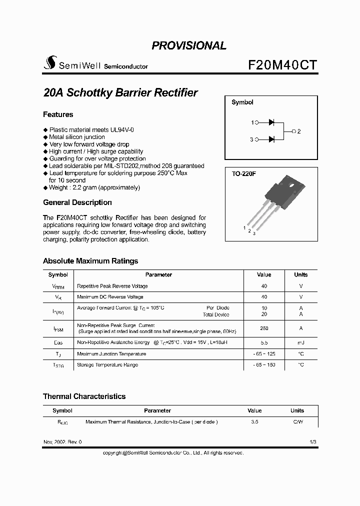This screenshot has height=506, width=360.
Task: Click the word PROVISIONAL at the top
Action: pyautogui.click(x=189, y=45)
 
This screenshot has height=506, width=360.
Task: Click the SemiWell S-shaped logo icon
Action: pyautogui.click(x=49, y=63)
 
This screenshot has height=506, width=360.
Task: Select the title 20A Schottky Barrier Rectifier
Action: pyautogui.click(x=120, y=93)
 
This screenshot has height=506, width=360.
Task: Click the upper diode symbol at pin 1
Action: pyautogui.click(x=272, y=122)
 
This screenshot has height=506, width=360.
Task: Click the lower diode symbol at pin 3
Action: pyautogui.click(x=272, y=139)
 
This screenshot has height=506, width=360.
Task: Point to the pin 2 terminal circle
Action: pyautogui.click(x=293, y=131)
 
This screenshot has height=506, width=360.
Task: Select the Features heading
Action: pyautogui.click(x=58, y=114)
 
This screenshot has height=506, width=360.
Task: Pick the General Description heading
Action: pyautogui.click(x=77, y=202)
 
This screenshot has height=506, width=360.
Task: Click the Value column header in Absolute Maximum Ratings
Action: pyautogui.click(x=263, y=275)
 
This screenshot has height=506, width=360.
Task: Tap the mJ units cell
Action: pyautogui.click(x=300, y=343)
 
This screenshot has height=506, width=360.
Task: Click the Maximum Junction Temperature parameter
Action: pyautogui.click(x=111, y=354)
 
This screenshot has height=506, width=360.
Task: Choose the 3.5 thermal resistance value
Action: pyautogui.click(x=254, y=422)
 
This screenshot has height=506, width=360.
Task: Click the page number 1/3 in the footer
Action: pyautogui.click(x=313, y=442)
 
